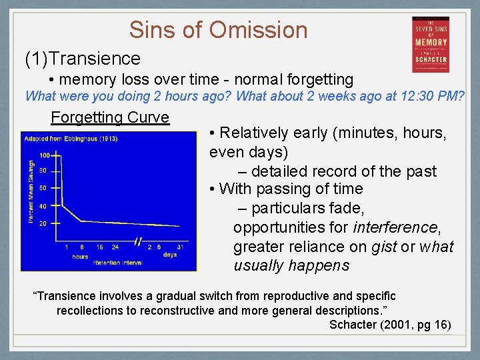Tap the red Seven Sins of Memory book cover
tap(430, 45)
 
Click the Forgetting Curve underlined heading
tap(110, 118)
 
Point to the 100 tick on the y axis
tap(44, 155)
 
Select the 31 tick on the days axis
tap(181, 247)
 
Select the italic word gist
tap(383, 247)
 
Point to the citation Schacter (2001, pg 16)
tap(390, 325)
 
